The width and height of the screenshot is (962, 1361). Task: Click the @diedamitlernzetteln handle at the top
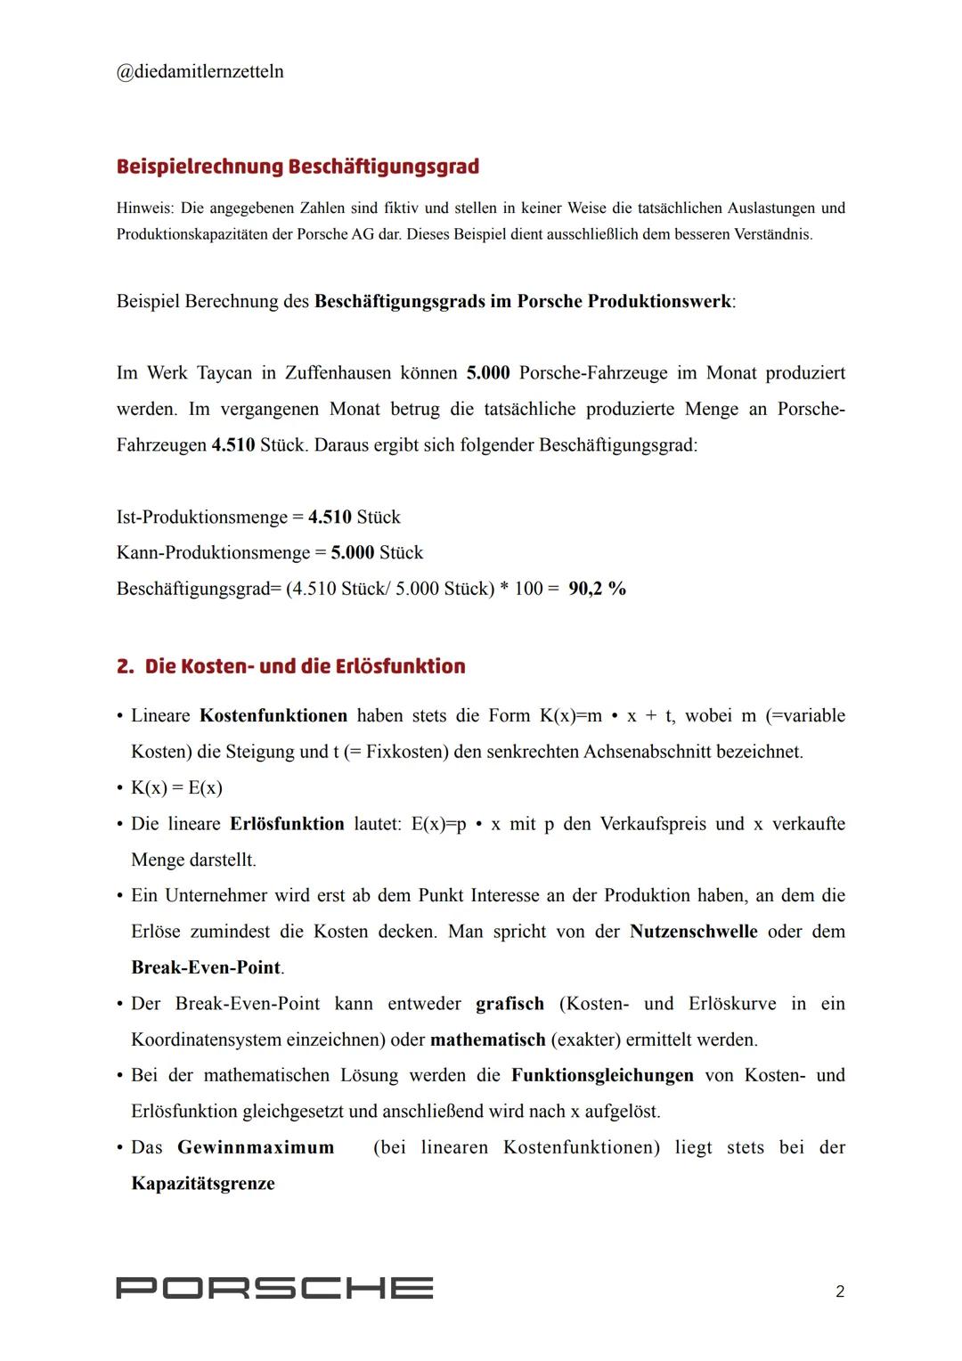(200, 71)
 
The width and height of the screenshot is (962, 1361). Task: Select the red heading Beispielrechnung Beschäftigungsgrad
(298, 167)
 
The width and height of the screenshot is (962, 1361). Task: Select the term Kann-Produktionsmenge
(213, 553)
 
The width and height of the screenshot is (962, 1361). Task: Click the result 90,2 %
(597, 589)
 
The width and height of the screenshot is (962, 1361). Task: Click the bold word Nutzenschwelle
(693, 932)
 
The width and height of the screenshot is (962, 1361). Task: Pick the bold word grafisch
(510, 1004)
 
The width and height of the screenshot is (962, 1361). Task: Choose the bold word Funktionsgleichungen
(602, 1075)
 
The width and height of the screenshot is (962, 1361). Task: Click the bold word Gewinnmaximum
(256, 1147)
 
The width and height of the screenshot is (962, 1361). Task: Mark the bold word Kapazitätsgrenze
(202, 1184)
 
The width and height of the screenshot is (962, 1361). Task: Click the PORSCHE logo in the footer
(274, 1288)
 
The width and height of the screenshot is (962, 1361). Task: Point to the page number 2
(839, 1291)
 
